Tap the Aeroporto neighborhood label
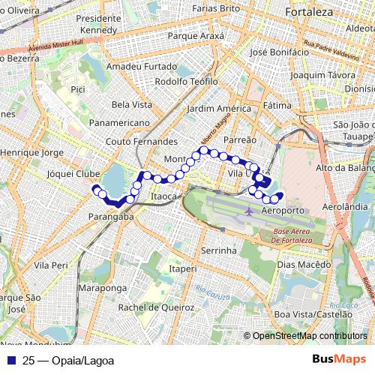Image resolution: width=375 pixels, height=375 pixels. (x=284, y=211)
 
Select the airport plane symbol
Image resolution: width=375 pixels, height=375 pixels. (x=248, y=211)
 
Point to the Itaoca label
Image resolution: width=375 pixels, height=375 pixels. (x=163, y=196)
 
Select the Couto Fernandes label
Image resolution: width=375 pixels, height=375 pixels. (x=137, y=139)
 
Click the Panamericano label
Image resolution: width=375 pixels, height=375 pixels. (x=118, y=121)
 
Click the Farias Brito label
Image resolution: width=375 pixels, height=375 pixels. (x=215, y=8)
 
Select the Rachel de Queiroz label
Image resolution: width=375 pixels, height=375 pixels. (x=156, y=307)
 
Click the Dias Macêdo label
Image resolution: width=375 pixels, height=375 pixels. (x=303, y=265)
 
